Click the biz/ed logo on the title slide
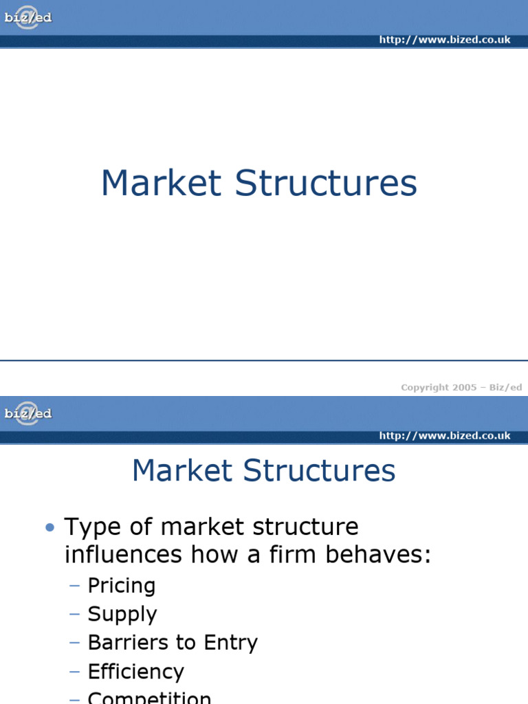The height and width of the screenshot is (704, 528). click(27, 18)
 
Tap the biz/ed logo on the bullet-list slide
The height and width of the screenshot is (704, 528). click(27, 413)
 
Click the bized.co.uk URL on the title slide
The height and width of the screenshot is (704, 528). click(445, 40)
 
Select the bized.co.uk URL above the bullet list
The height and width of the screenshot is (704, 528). click(445, 436)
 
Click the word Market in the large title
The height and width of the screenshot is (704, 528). click(162, 184)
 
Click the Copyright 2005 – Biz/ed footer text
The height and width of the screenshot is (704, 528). click(461, 388)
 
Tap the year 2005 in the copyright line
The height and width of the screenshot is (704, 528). click(464, 388)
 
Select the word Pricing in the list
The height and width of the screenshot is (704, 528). click(122, 586)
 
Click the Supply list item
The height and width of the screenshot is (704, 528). click(122, 614)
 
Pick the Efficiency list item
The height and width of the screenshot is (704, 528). click(136, 672)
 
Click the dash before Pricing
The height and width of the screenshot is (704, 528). click(75, 586)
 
